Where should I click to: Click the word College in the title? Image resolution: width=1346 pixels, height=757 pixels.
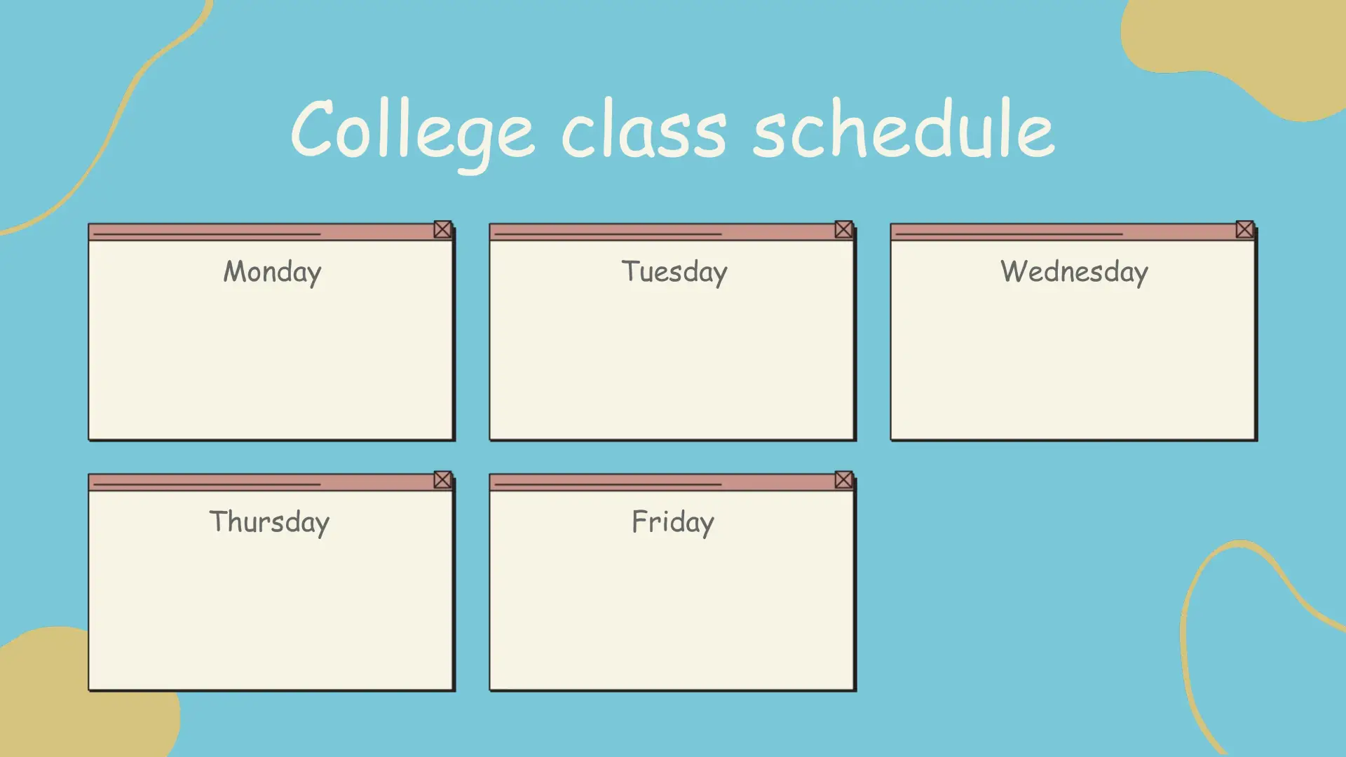(x=413, y=133)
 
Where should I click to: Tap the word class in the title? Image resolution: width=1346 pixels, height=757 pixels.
(x=644, y=128)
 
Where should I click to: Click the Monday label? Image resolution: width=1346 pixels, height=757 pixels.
(x=272, y=272)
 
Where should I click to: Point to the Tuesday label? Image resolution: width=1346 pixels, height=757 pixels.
(x=674, y=272)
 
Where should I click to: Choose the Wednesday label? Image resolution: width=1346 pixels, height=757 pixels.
(x=1074, y=272)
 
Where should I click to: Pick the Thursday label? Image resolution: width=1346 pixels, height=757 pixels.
(x=270, y=522)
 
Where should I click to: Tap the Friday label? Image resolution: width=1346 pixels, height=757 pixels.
(x=673, y=522)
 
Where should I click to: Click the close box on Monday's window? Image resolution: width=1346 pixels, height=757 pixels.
(x=442, y=229)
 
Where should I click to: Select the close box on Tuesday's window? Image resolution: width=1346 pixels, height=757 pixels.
(x=843, y=229)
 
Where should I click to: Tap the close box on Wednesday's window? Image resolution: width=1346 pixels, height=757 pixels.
(x=1244, y=229)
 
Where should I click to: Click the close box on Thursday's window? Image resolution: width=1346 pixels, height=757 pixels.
(x=442, y=479)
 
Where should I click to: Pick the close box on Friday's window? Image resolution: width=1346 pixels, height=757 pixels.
(x=843, y=479)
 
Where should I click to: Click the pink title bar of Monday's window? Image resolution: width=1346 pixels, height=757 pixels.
(x=261, y=232)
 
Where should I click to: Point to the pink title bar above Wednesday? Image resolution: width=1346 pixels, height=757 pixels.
(x=1063, y=232)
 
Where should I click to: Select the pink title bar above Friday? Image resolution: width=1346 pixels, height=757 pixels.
(x=662, y=482)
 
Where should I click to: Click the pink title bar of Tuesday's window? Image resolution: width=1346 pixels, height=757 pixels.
(x=662, y=232)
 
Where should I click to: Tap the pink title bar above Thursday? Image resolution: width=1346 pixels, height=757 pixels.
(x=261, y=482)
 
